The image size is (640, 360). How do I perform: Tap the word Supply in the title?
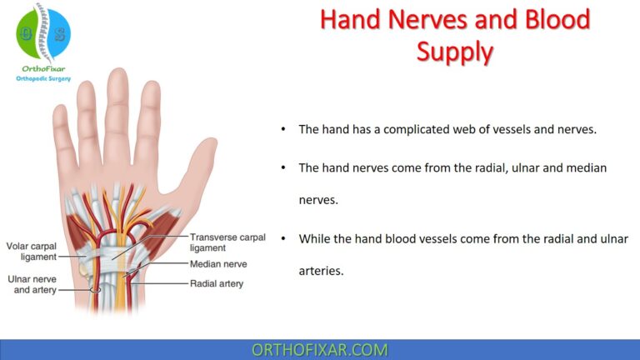[x=455, y=52]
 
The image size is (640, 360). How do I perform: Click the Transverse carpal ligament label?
[x=227, y=242]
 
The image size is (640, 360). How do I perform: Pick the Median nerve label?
[x=218, y=264]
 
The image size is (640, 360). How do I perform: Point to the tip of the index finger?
[x=149, y=87]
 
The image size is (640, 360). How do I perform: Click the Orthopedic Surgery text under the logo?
[x=43, y=78]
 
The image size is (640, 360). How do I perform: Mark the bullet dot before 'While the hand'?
[x=283, y=238]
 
